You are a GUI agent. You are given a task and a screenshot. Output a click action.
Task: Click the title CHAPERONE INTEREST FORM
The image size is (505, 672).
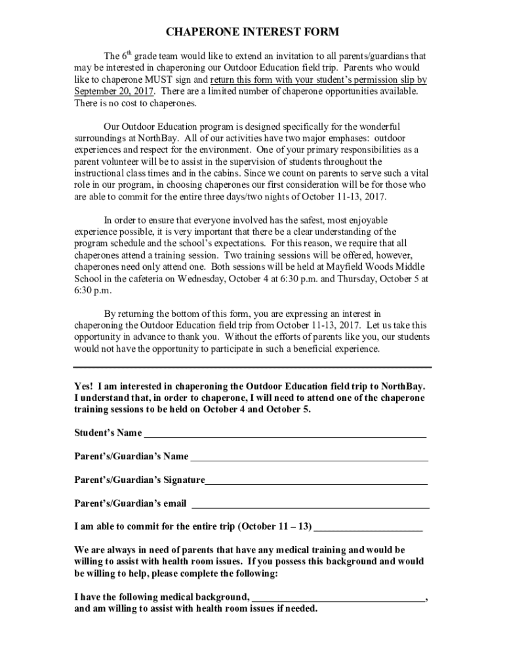[x=252, y=32]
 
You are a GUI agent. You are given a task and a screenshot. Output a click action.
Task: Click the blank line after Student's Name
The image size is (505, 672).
[x=285, y=434]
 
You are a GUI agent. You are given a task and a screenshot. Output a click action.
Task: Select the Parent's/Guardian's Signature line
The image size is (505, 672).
[x=316, y=481]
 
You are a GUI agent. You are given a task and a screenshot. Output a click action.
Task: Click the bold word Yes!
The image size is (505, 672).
[x=84, y=386]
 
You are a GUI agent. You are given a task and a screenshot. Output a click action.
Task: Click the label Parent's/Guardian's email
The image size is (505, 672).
[x=130, y=504]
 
